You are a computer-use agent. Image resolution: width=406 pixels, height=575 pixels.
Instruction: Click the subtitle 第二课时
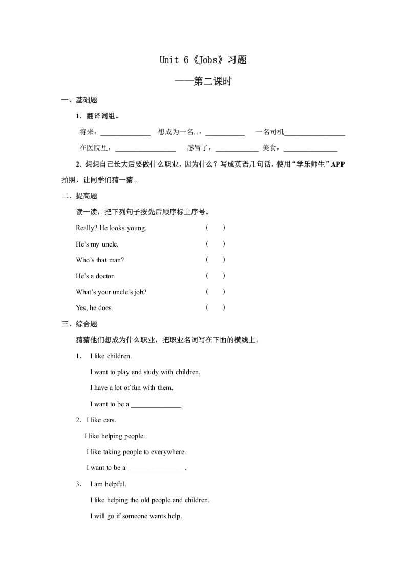pos(212,81)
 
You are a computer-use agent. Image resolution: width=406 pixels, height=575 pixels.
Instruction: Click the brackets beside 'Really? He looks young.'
pos(216,228)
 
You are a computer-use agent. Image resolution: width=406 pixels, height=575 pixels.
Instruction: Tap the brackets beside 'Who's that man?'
pos(216,260)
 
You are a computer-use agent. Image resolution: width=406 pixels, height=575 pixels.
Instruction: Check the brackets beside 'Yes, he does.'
pos(216,307)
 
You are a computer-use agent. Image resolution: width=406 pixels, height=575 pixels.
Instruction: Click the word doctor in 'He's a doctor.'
pos(104,276)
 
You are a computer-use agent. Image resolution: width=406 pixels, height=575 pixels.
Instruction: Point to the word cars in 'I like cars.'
pos(109,420)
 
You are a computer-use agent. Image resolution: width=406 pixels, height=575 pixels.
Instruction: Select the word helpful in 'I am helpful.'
pos(115,484)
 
